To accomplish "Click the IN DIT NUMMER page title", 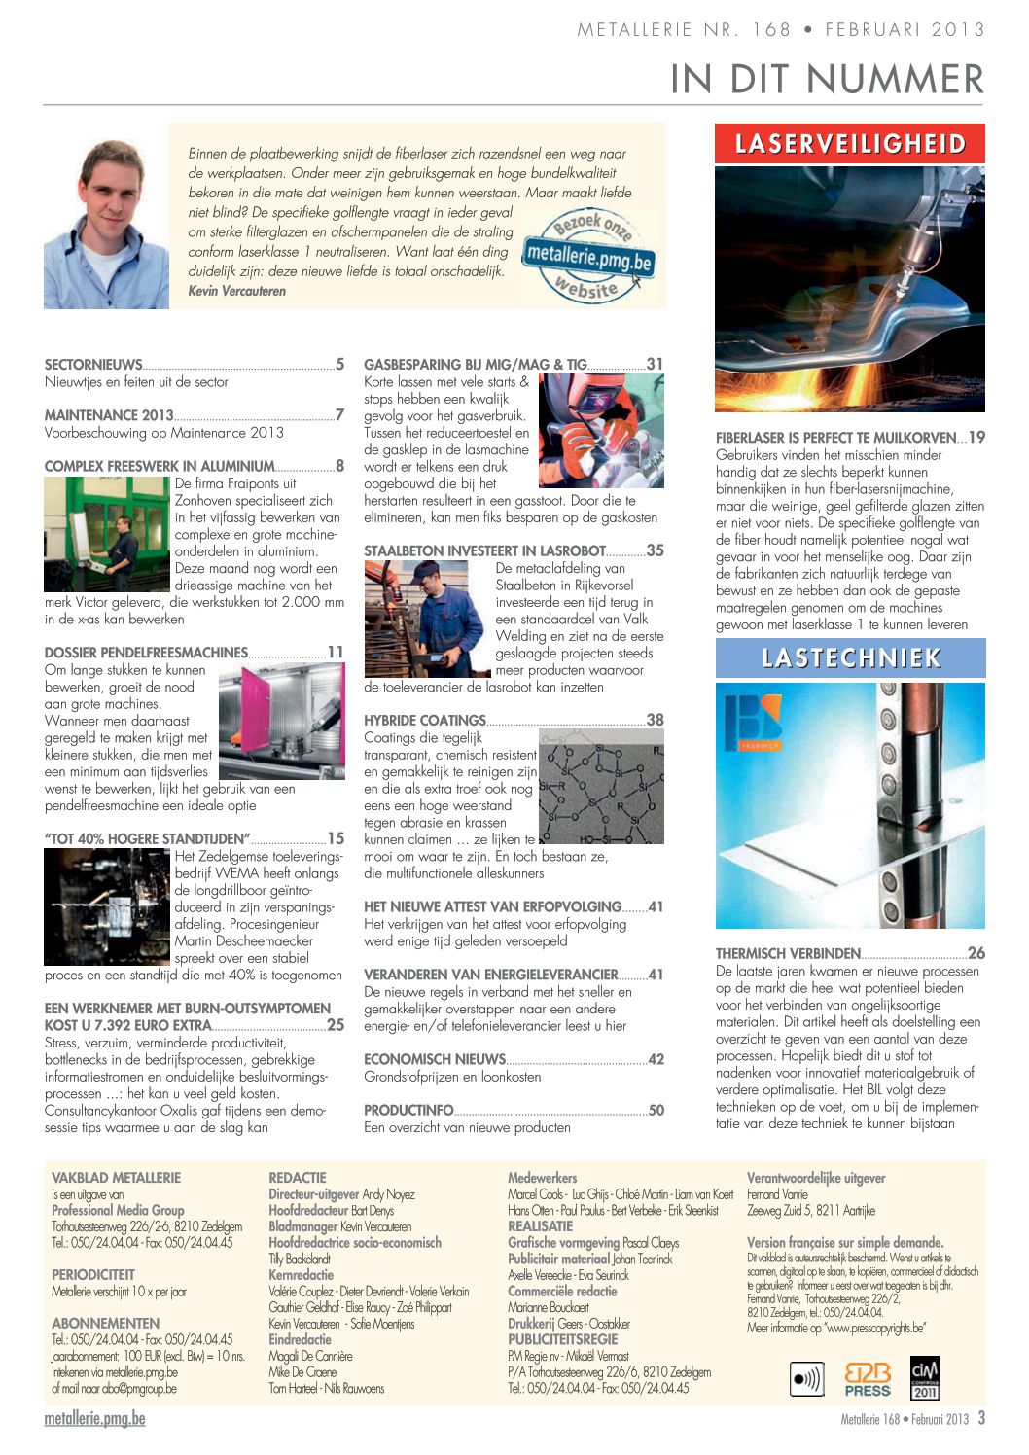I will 827,79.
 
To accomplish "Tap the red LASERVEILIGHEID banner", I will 850,144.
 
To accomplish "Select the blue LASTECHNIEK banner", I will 850,658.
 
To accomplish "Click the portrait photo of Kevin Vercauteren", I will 106,225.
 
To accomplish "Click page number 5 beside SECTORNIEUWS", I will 339,365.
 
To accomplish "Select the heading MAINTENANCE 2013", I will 109,415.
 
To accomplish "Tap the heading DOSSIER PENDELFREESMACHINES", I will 146,653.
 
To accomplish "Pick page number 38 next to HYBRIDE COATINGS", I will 656,720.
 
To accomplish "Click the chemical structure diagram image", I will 601,786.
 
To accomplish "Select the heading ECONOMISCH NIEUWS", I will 435,1059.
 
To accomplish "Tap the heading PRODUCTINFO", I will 408,1110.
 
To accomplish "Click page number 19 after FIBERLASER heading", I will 976,438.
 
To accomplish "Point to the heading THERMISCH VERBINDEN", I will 788,954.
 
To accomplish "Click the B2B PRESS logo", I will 868,1379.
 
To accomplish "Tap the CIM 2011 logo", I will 924,1378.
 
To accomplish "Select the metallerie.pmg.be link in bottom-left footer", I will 94,1418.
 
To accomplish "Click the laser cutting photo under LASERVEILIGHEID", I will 850,289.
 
